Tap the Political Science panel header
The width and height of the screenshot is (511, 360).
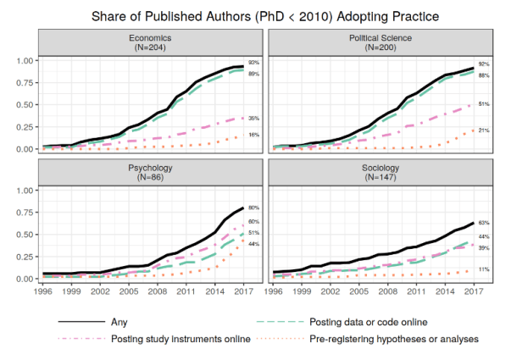(375, 43)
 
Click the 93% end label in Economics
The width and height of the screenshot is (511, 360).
(253, 64)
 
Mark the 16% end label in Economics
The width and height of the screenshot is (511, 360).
(253, 135)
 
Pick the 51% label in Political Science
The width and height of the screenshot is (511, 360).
(484, 104)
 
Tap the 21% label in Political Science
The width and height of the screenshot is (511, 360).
(484, 130)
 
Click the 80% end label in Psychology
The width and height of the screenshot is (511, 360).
(253, 208)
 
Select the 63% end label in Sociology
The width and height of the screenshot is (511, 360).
(484, 222)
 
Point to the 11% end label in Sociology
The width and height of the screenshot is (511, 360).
(484, 269)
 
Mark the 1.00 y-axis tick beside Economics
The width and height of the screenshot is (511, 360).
(25, 61)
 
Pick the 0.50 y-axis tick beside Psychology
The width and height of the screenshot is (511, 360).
(25, 235)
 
